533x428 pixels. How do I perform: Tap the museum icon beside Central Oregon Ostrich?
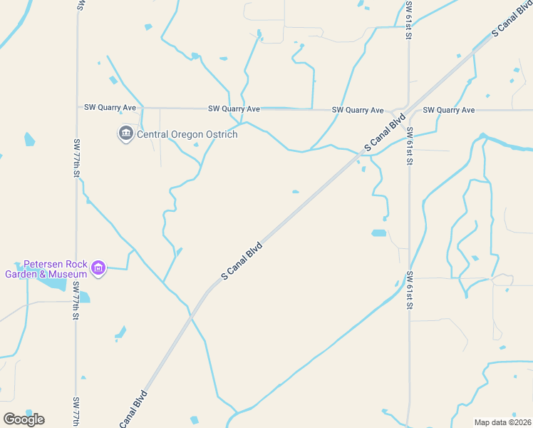[x=126, y=133]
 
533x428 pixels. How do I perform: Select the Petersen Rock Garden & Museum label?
[x=46, y=268]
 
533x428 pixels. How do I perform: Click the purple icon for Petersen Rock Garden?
[x=98, y=269]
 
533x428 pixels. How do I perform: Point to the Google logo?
[x=24, y=419]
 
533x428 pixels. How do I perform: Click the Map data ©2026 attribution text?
[x=502, y=422]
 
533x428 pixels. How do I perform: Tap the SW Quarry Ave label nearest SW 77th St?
[x=110, y=108]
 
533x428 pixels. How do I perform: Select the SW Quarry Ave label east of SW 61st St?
[x=448, y=110]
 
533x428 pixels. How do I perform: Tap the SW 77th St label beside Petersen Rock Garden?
[x=76, y=300]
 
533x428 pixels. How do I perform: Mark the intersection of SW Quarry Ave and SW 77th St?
[x=77, y=108]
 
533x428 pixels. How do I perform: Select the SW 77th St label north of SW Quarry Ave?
[x=77, y=6]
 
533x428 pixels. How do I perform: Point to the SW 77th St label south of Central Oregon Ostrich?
[x=76, y=158]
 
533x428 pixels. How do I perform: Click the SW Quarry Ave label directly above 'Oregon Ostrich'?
[x=234, y=109]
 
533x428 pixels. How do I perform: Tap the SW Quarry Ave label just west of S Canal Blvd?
[x=358, y=110]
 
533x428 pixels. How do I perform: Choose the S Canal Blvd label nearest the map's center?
[x=242, y=261]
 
